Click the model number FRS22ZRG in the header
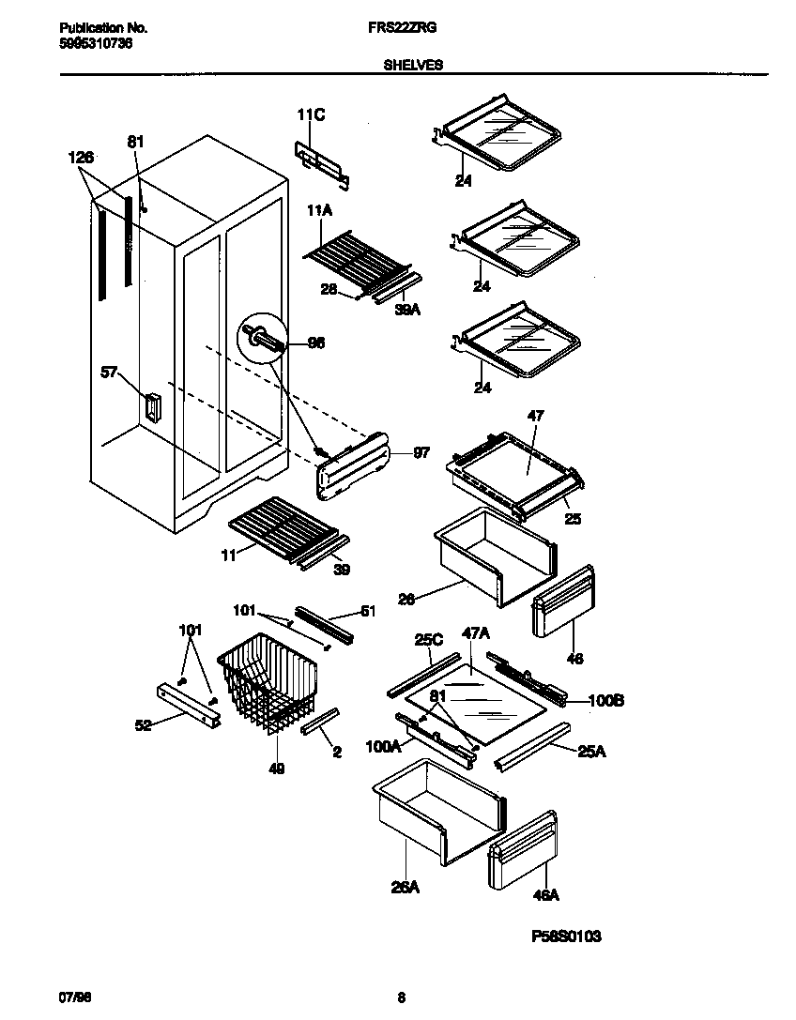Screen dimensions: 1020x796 click(x=395, y=29)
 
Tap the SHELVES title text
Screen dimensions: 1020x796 click(x=413, y=66)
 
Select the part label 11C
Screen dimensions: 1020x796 click(x=311, y=115)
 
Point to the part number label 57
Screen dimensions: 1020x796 click(x=109, y=373)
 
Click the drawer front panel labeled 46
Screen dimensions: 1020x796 click(x=563, y=601)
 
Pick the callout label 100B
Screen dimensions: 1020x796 click(x=605, y=700)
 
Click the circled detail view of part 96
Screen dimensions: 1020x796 click(x=263, y=339)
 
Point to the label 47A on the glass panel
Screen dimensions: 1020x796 click(x=476, y=634)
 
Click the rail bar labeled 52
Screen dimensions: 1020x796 click(x=188, y=703)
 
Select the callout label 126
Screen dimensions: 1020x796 click(x=83, y=159)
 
